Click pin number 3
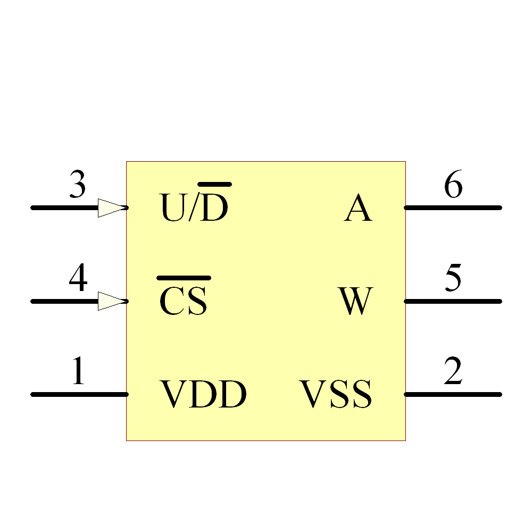click(x=78, y=186)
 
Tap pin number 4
click(x=78, y=280)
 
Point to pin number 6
click(x=453, y=186)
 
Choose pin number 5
click(x=453, y=280)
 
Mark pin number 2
click(x=453, y=372)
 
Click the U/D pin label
click(x=194, y=207)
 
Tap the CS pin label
click(x=184, y=301)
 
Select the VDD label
click(x=204, y=395)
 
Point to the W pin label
click(x=355, y=301)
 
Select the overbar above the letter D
click(x=215, y=185)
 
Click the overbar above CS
click(x=184, y=278)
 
